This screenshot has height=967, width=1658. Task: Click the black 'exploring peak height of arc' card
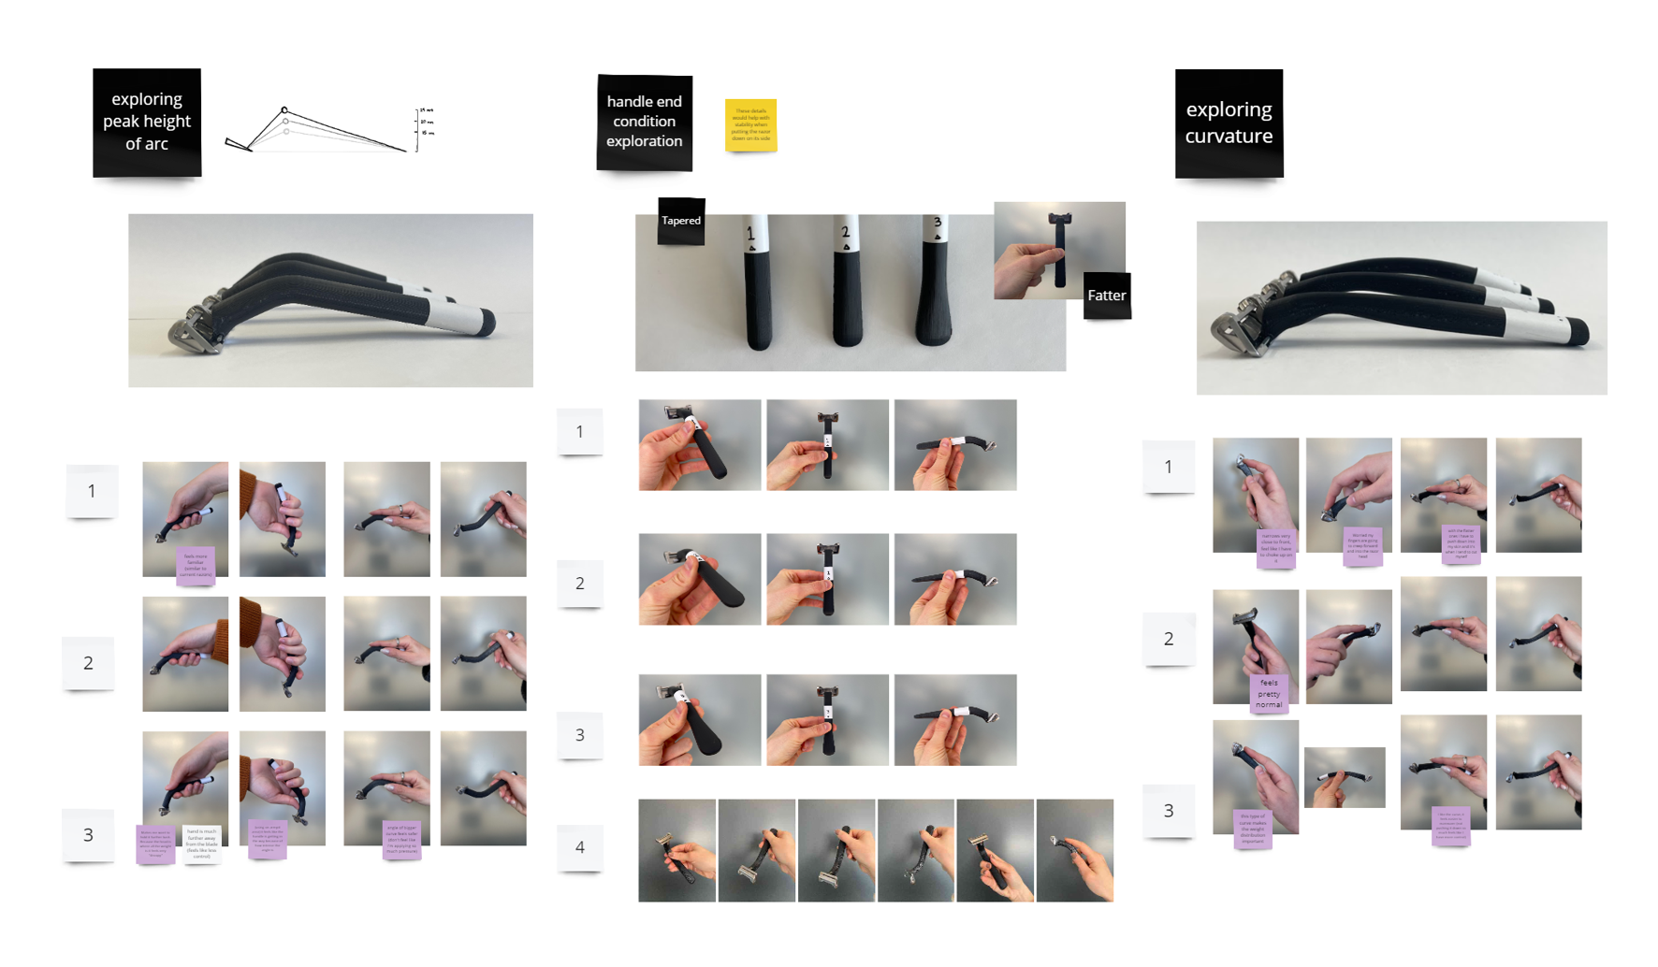tap(147, 122)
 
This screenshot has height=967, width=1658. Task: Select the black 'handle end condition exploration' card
tap(644, 122)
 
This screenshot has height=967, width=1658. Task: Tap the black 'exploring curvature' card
tap(1229, 123)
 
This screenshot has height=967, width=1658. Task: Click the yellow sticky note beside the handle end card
tap(750, 124)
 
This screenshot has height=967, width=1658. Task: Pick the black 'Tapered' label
tap(681, 221)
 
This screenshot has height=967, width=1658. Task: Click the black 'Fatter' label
tap(1106, 296)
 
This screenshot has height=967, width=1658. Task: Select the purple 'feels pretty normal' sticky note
tap(1269, 694)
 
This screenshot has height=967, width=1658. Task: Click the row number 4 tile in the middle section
tap(579, 847)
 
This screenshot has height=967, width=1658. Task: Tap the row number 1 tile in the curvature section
tap(1168, 466)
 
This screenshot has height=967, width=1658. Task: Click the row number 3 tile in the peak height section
tap(88, 834)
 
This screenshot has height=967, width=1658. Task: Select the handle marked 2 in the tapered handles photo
tap(847, 285)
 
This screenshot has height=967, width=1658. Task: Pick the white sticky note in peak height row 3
tap(201, 844)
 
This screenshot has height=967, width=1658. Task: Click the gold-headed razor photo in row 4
tap(995, 850)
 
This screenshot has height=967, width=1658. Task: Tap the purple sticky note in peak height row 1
tap(196, 565)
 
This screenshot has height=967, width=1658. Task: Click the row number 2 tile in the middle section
tap(579, 584)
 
